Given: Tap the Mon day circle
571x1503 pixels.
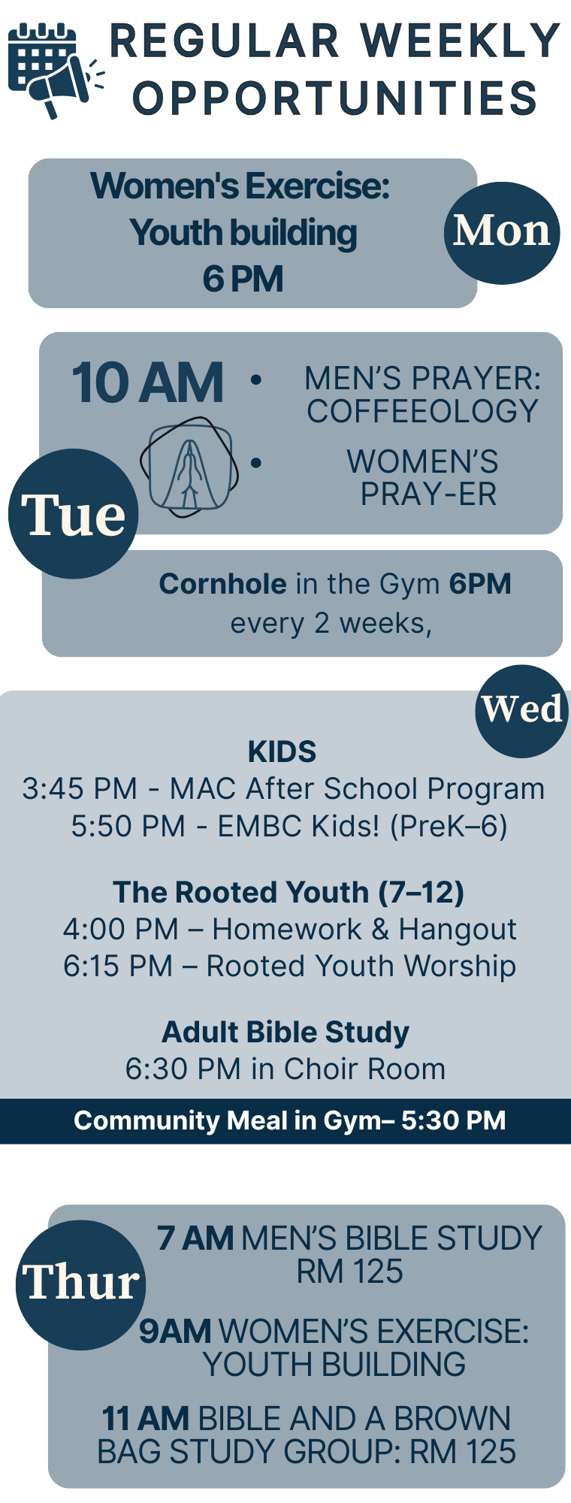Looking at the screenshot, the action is pos(503,233).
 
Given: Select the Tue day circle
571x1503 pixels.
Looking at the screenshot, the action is pos(74,514).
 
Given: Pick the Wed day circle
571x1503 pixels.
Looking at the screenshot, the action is pos(522,711).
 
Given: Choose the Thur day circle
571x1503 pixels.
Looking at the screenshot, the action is pos(81,1285).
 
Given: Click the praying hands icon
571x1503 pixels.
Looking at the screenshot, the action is pos(189,467).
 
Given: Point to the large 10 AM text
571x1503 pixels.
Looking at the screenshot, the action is pos(147,383).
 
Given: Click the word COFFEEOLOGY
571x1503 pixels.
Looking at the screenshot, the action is pos(423,411).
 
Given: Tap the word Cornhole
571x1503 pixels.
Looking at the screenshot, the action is pos(223,584).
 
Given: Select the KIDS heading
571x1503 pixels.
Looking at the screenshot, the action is pos(282,751).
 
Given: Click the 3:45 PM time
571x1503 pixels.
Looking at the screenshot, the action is pos(80,789).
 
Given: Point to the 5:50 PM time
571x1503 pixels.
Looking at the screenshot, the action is pos(128,826).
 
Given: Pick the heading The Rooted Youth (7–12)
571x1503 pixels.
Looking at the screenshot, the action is pos(289,892).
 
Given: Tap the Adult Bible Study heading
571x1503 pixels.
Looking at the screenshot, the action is pos(285,1033).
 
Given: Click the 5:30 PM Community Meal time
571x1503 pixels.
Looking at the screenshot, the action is pos(454,1120).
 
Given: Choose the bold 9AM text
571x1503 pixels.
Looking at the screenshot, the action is pos(175,1332).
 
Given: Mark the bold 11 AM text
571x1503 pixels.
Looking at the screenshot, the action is pos(146,1419).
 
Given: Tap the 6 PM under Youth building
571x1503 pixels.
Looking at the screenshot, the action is pos(243,279).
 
